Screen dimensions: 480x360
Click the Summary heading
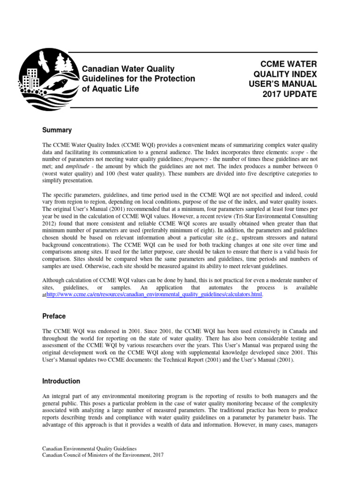point(57,129)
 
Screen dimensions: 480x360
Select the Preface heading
point(54,316)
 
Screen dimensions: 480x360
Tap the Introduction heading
point(61,381)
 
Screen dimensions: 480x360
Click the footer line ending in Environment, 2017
point(103,455)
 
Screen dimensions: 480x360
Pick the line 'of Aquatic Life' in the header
point(111,89)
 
